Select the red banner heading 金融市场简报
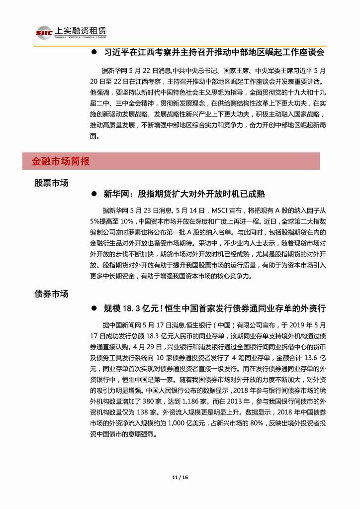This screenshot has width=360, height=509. [x=61, y=161]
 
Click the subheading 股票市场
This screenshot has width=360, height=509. [x=51, y=183]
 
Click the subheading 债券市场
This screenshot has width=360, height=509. [x=51, y=294]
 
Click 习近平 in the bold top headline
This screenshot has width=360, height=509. [x=116, y=52]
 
